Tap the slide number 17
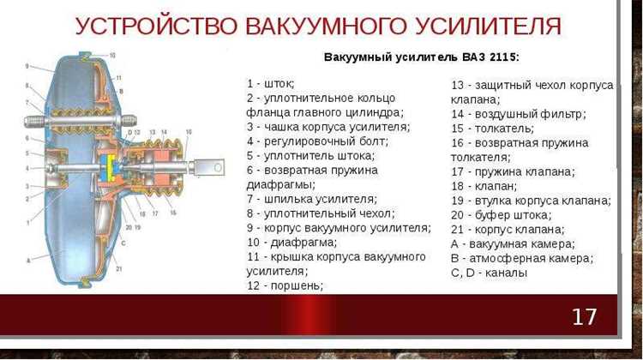pyautogui.click(x=584, y=316)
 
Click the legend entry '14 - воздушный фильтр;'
pyautogui.click(x=519, y=113)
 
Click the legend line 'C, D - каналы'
pyautogui.click(x=489, y=273)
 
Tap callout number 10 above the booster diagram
pyautogui.click(x=111, y=56)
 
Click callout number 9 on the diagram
pyautogui.click(x=28, y=66)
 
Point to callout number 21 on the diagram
pyautogui.click(x=118, y=269)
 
